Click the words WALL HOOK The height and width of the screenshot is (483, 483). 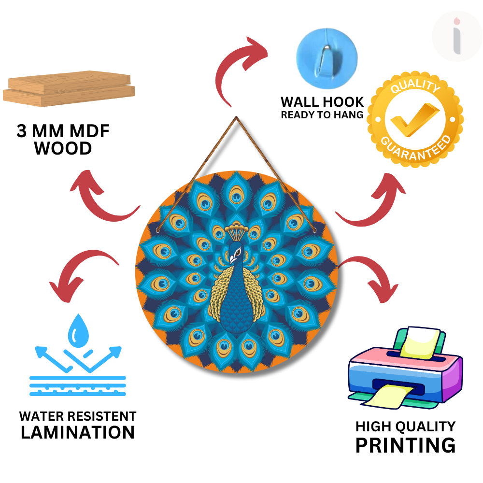(x=322, y=102)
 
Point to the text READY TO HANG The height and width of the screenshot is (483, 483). (x=322, y=115)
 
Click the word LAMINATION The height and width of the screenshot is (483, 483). (x=78, y=432)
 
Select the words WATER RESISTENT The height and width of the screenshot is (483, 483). (x=78, y=416)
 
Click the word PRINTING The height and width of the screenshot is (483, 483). (x=405, y=445)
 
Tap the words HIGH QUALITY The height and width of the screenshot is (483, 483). (x=405, y=426)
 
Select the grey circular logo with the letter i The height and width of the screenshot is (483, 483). (x=456, y=36)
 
